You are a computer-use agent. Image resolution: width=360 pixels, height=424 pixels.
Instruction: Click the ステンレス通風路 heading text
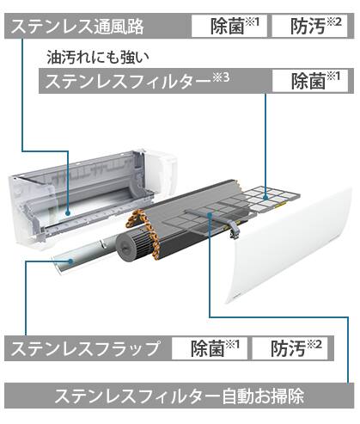77,27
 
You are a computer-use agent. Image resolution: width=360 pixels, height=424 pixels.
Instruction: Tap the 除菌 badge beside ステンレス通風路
229,26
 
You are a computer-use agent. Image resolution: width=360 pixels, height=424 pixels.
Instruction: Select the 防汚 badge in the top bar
309,26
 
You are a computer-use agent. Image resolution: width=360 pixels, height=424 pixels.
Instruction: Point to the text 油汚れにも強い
98,58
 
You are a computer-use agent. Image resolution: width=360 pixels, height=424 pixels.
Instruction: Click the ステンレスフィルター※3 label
137,81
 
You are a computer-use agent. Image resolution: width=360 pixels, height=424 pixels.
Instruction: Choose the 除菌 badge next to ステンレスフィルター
310,81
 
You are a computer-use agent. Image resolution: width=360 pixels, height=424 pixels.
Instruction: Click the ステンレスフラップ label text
85,348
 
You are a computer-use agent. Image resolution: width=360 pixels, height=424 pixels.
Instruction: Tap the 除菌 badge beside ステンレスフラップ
210,348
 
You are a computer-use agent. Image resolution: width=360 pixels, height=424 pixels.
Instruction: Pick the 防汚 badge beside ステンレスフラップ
290,348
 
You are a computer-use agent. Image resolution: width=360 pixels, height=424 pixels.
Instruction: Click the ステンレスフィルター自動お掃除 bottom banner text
180,396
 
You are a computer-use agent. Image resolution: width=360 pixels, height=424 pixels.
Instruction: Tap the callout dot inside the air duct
68,213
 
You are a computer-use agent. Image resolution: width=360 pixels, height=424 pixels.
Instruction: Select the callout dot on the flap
70,261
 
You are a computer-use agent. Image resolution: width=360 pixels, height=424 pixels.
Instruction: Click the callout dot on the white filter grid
265,198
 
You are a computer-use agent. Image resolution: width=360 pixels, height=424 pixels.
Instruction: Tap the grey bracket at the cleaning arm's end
233,230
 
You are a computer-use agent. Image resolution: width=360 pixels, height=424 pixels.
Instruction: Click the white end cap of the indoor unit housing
161,170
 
